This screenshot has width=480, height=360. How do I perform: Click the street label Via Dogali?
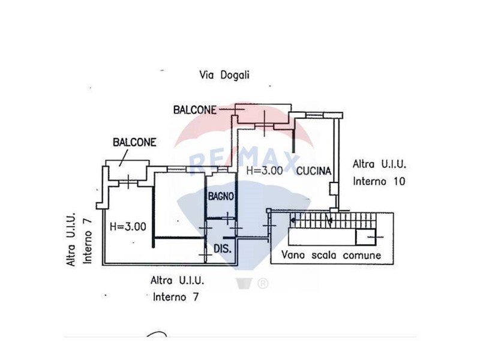(224, 75)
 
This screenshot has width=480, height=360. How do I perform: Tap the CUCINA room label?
(314, 171)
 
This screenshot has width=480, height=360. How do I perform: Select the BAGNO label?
(221, 196)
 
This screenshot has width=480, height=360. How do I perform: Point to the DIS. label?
(223, 248)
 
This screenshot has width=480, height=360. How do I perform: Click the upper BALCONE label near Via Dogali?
(195, 109)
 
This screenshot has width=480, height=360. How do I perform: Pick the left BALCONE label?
(134, 142)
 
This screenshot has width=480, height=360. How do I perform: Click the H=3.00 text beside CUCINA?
(265, 170)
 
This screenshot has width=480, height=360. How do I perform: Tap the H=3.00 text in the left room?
(128, 227)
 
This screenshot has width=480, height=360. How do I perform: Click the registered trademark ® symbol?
(262, 283)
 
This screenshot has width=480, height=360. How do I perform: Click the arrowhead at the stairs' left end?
(292, 220)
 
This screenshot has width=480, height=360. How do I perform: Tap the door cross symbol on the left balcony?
(128, 178)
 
